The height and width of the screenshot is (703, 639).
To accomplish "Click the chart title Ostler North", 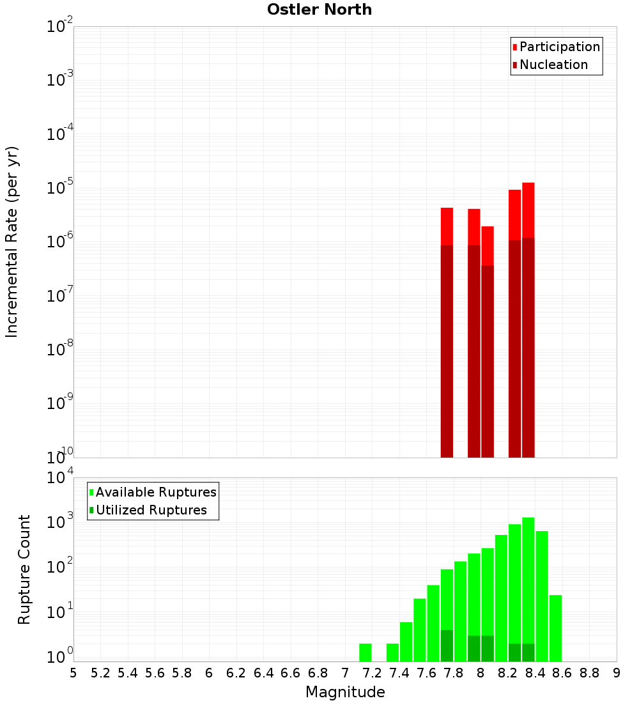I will coord(319,10).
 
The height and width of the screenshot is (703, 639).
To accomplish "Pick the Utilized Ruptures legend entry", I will coord(151,510).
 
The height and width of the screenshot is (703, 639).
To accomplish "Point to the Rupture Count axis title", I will coord(24,569).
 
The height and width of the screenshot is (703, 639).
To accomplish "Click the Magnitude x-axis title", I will coord(345,692).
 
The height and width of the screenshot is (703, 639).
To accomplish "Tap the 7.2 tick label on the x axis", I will coord(372,673).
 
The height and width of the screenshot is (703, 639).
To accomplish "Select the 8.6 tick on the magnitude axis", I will coord(562,673).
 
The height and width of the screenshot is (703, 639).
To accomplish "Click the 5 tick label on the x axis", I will coord(73,673).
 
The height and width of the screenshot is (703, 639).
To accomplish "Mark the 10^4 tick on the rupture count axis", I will coord(60,478).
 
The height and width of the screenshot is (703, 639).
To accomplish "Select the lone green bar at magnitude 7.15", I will coord(366,653).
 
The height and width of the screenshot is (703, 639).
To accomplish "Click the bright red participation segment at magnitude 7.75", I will coord(447,226).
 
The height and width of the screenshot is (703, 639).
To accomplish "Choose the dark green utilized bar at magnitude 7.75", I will coord(447,645).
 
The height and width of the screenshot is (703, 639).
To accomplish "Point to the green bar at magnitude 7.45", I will coord(406,642).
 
